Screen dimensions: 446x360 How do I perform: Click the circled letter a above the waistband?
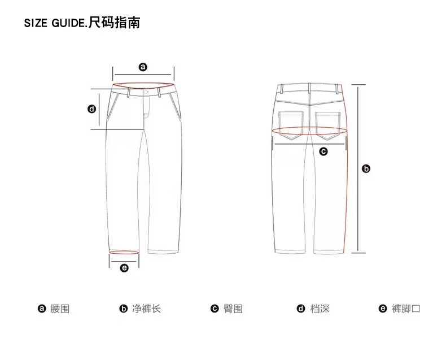[x=143, y=67]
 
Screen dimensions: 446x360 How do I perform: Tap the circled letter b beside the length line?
[x=366, y=168]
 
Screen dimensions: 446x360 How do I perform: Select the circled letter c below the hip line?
[x=323, y=151]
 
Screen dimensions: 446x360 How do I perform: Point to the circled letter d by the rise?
[x=92, y=109]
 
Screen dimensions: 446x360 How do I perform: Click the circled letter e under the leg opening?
[x=124, y=268]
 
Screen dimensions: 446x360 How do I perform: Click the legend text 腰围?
[x=60, y=309]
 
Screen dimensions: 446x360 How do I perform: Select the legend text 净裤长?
[x=146, y=309]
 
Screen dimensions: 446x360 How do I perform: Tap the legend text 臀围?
[x=233, y=309]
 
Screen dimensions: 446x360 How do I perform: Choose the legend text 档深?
[x=320, y=309]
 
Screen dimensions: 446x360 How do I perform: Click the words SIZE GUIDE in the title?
[x=55, y=24]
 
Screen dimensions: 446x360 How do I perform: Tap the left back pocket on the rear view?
[x=291, y=123]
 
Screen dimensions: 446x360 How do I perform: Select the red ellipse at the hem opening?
[x=124, y=252]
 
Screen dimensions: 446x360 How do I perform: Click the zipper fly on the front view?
[x=146, y=107]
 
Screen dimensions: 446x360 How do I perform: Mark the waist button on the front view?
[x=146, y=92]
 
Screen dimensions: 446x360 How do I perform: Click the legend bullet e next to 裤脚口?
[x=382, y=309]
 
